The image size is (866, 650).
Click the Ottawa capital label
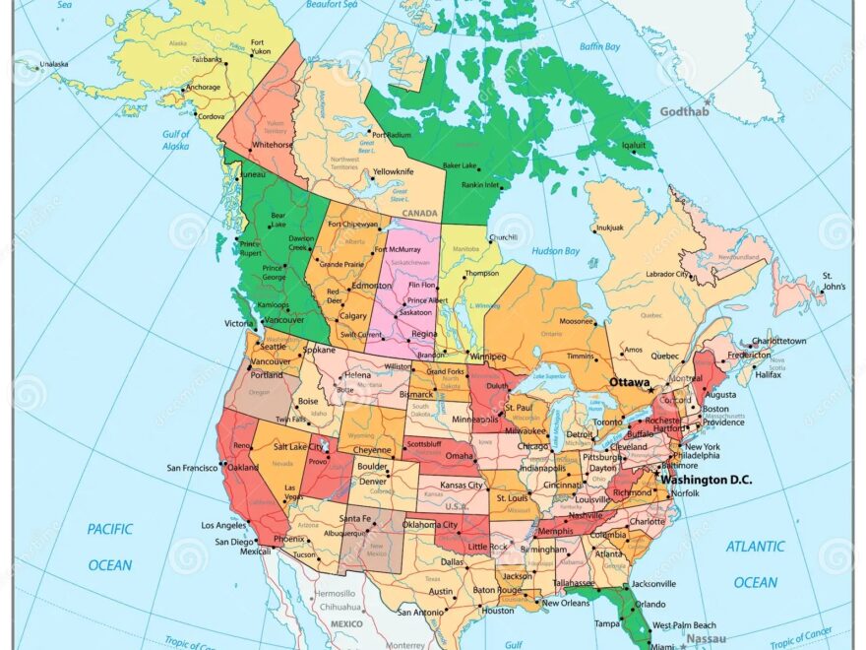coord(629,381)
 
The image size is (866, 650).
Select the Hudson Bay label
coord(556,251)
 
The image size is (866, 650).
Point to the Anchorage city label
coord(203,87)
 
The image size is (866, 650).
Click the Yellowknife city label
coord(393,171)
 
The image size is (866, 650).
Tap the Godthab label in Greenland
coord(684,111)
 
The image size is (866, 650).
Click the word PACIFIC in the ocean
coord(109,529)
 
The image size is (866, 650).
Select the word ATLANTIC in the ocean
coord(756,546)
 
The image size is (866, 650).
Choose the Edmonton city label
coord(372,286)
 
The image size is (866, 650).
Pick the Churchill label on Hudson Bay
coord(503,236)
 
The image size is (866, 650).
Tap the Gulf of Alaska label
coord(176,140)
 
